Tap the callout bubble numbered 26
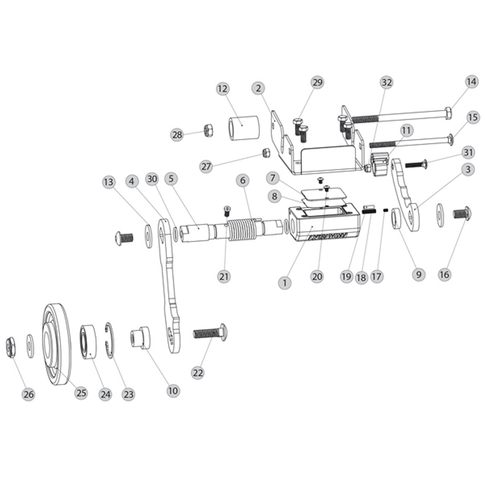pos(29,394)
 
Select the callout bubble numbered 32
pos(386,82)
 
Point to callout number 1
pos(285,283)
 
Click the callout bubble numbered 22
pos(198,372)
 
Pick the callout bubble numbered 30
pos(152,179)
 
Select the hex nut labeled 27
pos(266,153)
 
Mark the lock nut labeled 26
pos(10,347)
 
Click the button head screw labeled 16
pos(463,214)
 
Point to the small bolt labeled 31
pos(415,164)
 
